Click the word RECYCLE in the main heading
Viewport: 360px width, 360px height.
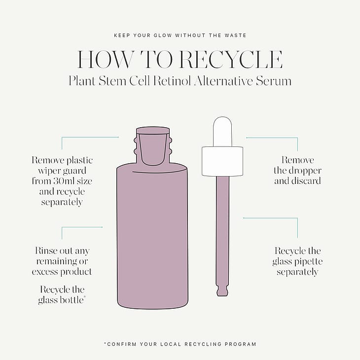point(230,60)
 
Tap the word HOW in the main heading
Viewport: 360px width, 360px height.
point(105,60)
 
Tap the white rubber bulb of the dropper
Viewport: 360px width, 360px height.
point(222,131)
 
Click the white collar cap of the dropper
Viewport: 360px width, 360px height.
point(222,161)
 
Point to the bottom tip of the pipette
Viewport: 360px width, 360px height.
point(222,295)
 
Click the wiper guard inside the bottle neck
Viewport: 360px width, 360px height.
point(153,147)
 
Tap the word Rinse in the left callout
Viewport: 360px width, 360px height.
point(46,251)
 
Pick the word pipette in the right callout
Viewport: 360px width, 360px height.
point(309,262)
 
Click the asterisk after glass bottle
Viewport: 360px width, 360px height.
point(85,297)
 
